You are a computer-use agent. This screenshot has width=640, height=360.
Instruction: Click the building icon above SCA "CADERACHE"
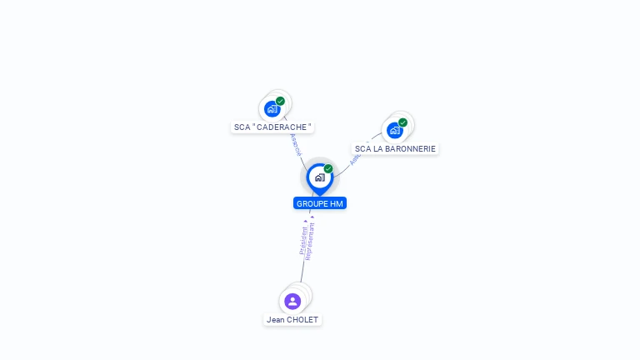(x=272, y=109)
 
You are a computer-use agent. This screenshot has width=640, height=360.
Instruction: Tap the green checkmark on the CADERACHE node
(x=281, y=101)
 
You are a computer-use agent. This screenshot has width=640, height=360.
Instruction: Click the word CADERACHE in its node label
(x=280, y=127)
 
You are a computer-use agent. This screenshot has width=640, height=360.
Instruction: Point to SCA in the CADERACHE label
(x=242, y=127)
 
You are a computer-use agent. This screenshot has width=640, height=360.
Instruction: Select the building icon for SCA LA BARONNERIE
(x=395, y=131)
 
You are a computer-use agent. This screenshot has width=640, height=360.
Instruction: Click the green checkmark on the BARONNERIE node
(x=403, y=122)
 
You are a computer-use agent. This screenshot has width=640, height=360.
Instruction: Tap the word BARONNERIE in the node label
(x=410, y=149)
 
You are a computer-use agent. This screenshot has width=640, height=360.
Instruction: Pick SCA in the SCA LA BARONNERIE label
(x=363, y=149)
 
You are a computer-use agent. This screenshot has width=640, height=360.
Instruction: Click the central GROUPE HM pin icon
(x=318, y=177)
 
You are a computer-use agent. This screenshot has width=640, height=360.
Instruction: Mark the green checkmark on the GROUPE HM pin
(x=328, y=169)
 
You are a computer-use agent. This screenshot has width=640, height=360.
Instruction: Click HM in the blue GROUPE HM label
(x=337, y=203)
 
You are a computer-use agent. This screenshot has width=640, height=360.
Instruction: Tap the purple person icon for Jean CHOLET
(x=292, y=301)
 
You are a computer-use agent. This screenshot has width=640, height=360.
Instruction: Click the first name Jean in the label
(x=275, y=320)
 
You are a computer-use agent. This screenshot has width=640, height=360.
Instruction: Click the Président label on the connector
(x=303, y=239)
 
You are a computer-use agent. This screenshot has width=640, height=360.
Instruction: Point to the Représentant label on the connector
(x=310, y=242)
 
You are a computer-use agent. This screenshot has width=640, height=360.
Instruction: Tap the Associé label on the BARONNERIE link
(x=355, y=157)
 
